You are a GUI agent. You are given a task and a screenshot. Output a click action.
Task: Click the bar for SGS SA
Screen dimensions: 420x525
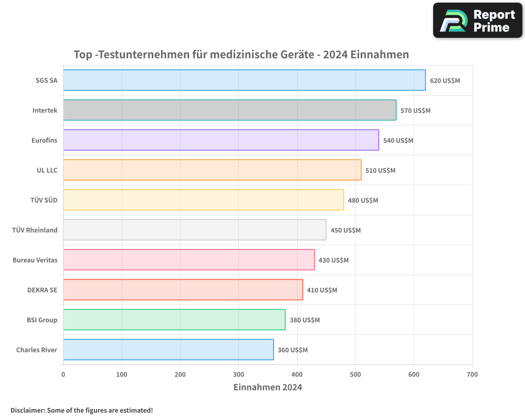click(x=244, y=80)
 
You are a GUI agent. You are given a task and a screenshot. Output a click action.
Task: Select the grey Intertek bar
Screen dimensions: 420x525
click(x=229, y=110)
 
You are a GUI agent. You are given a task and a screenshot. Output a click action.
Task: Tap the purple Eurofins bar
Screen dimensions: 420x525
click(x=221, y=140)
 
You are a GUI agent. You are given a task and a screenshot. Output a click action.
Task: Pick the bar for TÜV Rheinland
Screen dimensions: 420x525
click(x=194, y=230)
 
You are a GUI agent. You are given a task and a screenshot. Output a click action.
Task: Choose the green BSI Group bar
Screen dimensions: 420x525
click(x=174, y=320)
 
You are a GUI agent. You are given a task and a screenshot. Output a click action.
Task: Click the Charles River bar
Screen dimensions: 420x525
click(x=168, y=350)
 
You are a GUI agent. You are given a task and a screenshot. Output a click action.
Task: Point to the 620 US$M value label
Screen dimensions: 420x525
click(x=445, y=81)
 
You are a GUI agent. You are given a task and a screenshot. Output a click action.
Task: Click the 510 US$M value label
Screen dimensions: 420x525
click(x=380, y=171)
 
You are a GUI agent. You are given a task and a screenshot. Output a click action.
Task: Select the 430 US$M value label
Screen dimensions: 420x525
click(x=333, y=260)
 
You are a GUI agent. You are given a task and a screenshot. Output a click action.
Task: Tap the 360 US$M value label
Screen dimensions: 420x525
click(x=292, y=350)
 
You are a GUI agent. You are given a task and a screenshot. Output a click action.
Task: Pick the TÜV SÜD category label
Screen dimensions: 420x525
click(x=44, y=201)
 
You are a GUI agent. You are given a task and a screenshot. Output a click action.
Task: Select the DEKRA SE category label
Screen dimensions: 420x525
click(x=43, y=290)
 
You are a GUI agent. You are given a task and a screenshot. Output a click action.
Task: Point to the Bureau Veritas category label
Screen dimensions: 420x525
click(x=35, y=260)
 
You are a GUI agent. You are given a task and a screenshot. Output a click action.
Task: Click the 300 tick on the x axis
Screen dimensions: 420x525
click(x=239, y=374)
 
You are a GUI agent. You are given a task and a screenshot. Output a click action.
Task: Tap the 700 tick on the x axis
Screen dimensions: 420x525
click(x=472, y=374)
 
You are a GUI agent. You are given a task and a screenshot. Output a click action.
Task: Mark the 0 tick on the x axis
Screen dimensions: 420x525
click(x=64, y=374)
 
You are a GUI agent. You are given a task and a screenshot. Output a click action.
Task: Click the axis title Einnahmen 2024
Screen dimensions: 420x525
click(x=268, y=387)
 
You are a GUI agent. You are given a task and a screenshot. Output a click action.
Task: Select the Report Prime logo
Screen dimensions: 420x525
click(x=478, y=20)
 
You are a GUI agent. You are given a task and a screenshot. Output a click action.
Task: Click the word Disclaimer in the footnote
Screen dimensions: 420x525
click(x=27, y=410)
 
